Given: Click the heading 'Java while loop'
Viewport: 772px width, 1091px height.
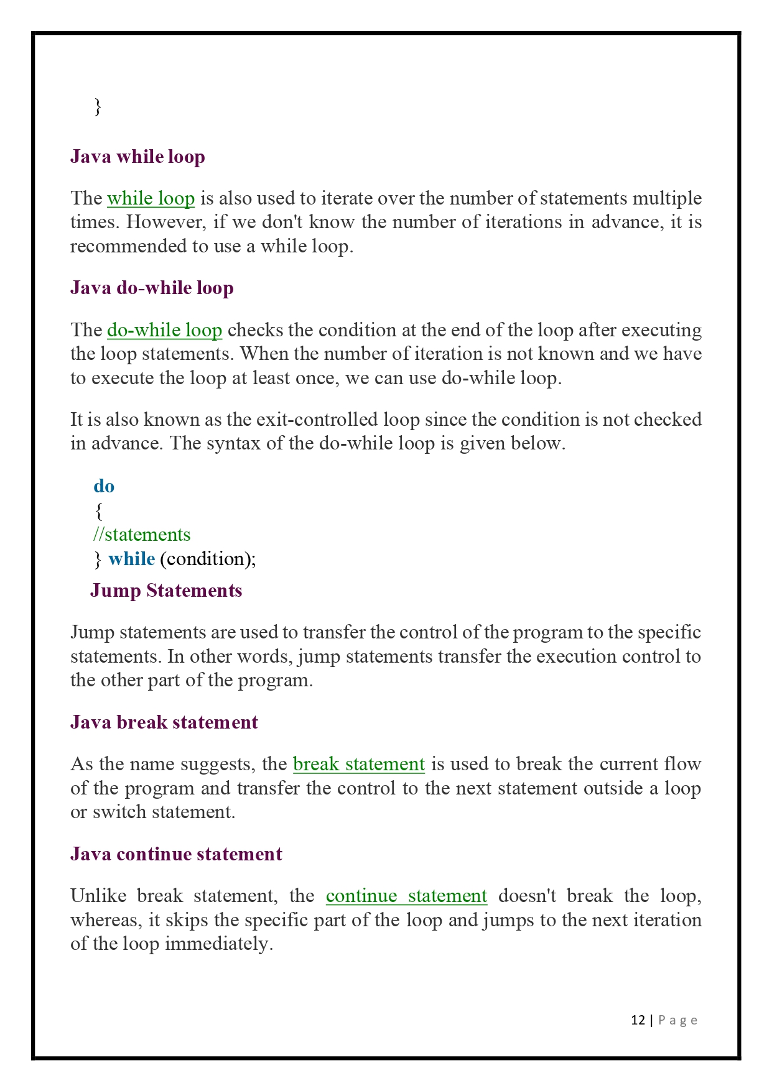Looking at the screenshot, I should pos(137,157).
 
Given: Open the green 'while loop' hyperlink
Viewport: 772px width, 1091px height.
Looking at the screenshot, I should pos(151,198).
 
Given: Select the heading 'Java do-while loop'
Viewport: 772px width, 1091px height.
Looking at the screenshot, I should pos(152,288).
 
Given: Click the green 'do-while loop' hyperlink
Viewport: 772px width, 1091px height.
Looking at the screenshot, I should pos(164,330).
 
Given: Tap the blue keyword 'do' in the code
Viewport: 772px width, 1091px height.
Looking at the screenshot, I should pos(104,486).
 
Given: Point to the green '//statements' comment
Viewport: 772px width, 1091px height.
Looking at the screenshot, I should pos(142,535).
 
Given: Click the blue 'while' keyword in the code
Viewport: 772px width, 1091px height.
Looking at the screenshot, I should pos(131,559).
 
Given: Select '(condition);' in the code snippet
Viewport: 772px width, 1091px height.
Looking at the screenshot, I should pos(208,559).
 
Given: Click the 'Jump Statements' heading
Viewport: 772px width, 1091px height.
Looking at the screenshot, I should pos(166,591).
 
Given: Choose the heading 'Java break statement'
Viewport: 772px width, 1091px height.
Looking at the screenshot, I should pos(164,722).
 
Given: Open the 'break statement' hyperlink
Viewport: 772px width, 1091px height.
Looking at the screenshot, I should pos(358,764).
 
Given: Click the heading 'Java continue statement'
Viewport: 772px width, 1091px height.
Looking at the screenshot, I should pos(176,854).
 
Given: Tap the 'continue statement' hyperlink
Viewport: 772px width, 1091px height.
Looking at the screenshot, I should pos(406,896).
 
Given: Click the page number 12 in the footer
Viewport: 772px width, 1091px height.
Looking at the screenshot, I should pos(638,1020).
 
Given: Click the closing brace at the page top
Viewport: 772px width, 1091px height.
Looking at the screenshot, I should pos(97,107).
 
